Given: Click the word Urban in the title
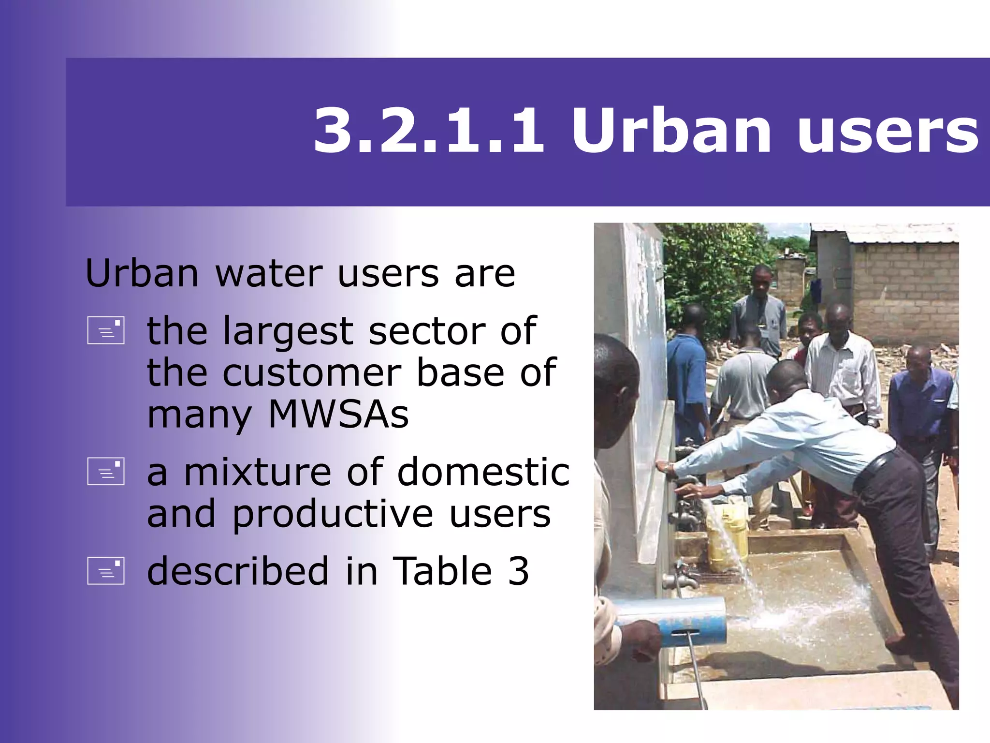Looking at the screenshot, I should point(671,131).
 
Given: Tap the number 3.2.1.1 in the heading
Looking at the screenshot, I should point(429,131).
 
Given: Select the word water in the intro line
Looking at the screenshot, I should point(268,274).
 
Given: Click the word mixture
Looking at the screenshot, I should point(257,472).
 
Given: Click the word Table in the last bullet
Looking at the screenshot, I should point(442,571).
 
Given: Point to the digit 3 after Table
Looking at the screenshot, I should point(518,571).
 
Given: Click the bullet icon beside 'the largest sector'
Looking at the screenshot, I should point(106,330).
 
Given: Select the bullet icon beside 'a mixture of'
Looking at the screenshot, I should point(106,471).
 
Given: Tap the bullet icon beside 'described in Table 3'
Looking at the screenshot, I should point(106,571).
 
